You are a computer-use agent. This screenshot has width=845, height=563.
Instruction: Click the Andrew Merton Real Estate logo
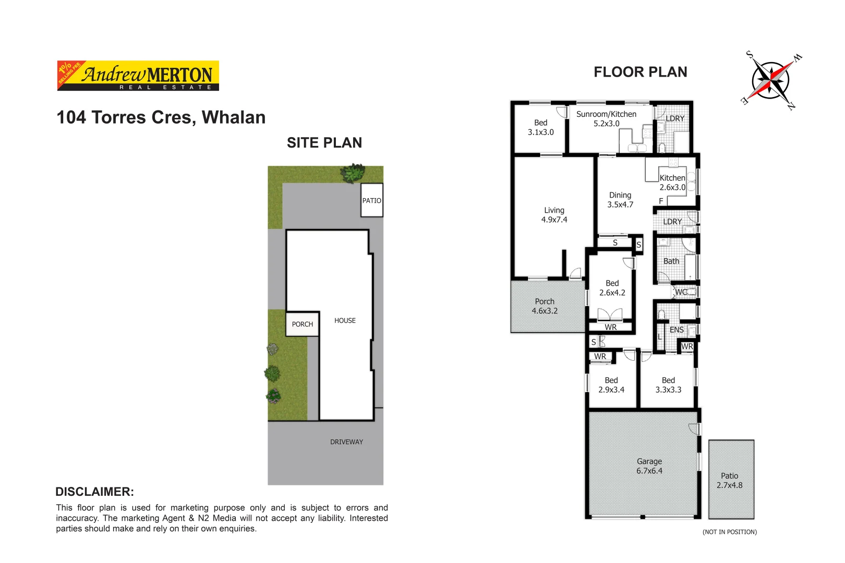pos(138,76)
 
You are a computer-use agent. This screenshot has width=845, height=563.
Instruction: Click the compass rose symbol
pos(770,81)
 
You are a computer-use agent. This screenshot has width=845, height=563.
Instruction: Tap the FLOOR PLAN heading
pos(640,72)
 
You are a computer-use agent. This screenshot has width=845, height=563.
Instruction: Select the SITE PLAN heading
pos(324,143)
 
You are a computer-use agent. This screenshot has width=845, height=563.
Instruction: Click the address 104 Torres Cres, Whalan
pos(161,117)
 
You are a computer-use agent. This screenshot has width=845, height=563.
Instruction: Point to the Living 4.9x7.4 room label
pos(554,215)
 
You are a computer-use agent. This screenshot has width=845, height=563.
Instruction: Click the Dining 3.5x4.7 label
pos(620,200)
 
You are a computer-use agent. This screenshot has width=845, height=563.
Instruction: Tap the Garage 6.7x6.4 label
pos(649,466)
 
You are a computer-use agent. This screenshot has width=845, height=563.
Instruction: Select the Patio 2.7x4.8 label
pos(729,480)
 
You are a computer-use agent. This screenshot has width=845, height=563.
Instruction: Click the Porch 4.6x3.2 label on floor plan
pos(545,306)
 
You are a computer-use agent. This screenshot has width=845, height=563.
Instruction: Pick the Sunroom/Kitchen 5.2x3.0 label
pos(606,119)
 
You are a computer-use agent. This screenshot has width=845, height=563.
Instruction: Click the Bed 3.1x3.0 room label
pos(540,127)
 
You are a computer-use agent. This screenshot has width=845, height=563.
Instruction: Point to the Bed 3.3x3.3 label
pos(668,385)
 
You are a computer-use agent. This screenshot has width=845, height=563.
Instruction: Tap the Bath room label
pos(671,261)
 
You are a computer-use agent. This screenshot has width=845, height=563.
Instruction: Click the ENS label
pos(677,330)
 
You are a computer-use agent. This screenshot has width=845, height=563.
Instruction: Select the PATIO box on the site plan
pos(372,200)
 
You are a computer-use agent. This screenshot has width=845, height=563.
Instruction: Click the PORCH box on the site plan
pos(302,324)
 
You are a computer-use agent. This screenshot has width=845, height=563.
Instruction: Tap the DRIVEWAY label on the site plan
pos(346,442)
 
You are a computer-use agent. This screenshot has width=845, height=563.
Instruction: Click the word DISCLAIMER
pos(94,492)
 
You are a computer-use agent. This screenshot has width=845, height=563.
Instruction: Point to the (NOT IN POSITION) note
pos(729,532)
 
